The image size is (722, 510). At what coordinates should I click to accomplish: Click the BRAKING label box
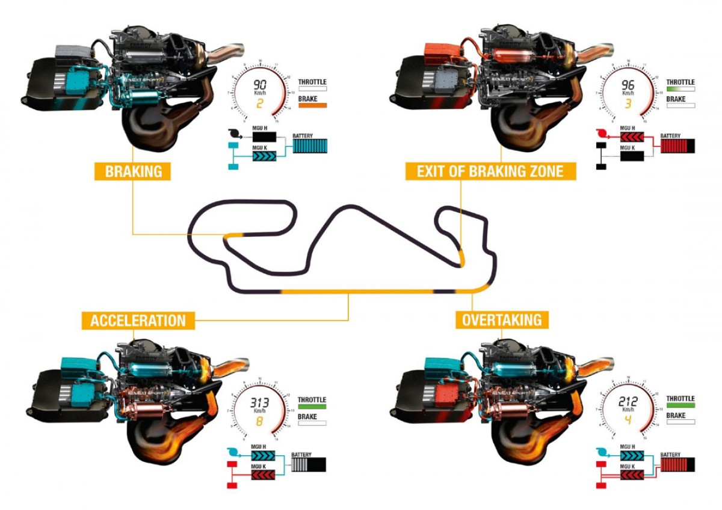[134, 171]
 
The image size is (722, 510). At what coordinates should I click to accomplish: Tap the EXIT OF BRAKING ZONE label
[490, 171]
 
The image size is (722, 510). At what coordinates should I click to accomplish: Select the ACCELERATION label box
[138, 320]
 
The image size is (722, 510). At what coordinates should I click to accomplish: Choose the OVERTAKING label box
[502, 319]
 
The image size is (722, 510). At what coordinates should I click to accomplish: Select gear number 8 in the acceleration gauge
[260, 422]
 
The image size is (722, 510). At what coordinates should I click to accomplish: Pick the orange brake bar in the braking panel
[312, 105]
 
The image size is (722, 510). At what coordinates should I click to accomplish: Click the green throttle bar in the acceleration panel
[312, 407]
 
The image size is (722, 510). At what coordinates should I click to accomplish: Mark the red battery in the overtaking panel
[677, 464]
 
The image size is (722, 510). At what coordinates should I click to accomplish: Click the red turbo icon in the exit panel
[601, 134]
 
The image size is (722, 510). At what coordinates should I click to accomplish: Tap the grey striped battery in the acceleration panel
[309, 465]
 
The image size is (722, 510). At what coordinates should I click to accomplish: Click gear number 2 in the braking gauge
[260, 103]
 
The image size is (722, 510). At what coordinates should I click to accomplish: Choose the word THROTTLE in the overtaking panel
[680, 399]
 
